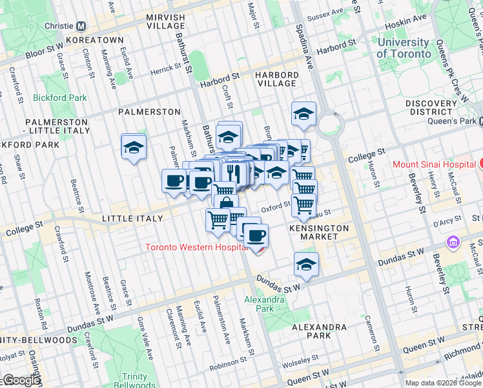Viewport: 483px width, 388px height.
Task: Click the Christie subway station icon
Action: pyautogui.click(x=81, y=27)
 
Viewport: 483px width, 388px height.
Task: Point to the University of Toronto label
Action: pyautogui.click(x=404, y=47)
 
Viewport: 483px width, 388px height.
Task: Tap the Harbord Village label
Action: pyautogui.click(x=276, y=80)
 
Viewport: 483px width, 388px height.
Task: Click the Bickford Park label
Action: pyautogui.click(x=60, y=98)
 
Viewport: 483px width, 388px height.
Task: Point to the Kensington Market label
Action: pyautogui.click(x=319, y=233)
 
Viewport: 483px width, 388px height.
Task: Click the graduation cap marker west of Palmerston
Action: pyautogui.click(x=134, y=147)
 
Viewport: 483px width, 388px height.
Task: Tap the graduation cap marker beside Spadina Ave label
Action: pyautogui.click(x=303, y=115)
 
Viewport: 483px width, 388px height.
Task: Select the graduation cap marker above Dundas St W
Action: pyautogui.click(x=306, y=264)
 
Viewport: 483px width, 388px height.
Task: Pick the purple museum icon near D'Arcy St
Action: pyautogui.click(x=452, y=242)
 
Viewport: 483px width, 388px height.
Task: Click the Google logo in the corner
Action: pyautogui.click(x=21, y=380)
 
